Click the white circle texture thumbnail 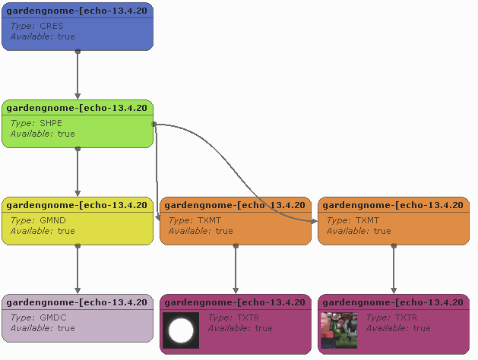click(181, 330)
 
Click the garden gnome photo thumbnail click(339, 330)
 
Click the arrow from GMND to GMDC click(78, 269)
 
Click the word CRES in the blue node click(52, 26)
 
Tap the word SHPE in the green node click(51, 123)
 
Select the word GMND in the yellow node click(52, 220)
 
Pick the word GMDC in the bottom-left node click(52, 317)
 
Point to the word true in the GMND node click(66, 231)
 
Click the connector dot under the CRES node click(78, 52)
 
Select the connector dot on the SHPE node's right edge click(154, 124)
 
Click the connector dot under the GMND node click(78, 246)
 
